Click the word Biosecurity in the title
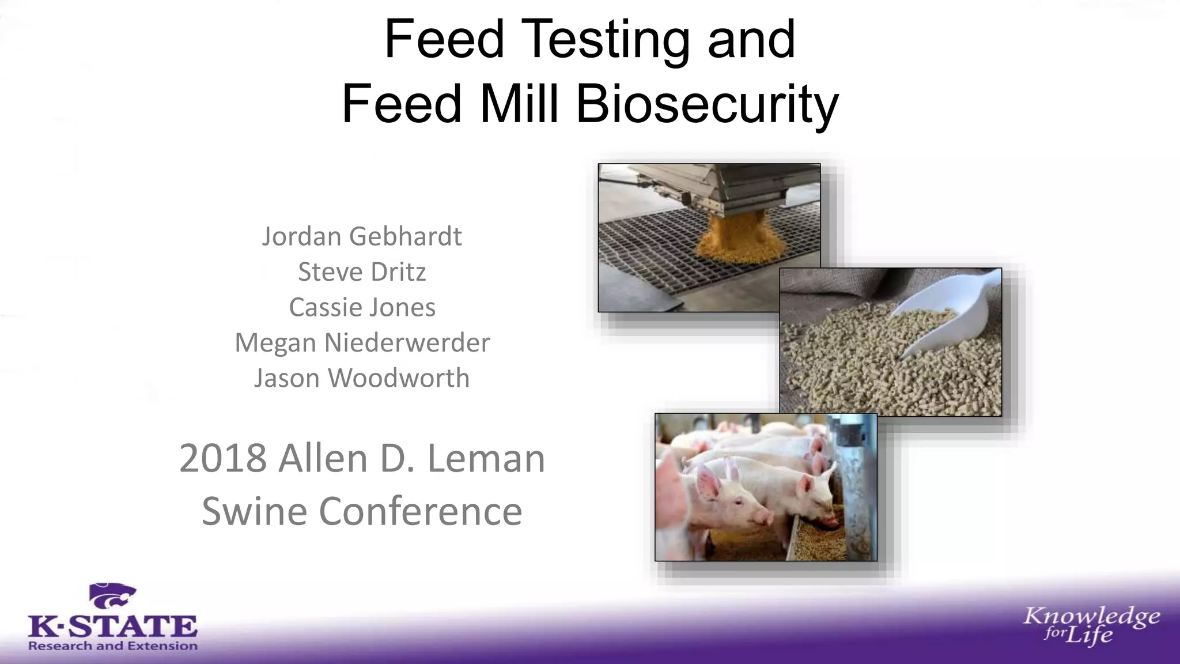tap(707, 104)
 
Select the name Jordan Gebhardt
tap(362, 236)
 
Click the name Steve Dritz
tap(362, 272)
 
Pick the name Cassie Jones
tap(362, 307)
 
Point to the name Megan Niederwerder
tap(362, 343)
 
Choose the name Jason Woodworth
tap(362, 378)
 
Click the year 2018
tap(223, 459)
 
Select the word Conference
tap(420, 511)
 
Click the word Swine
tap(254, 511)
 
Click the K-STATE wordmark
tap(113, 626)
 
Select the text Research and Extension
tap(113, 646)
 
